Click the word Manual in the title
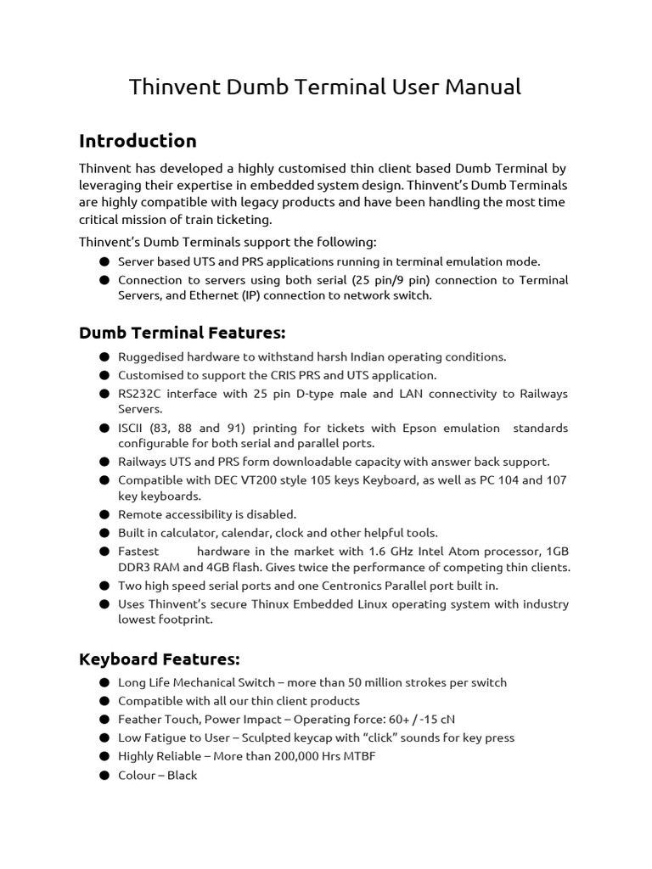pyautogui.click(x=485, y=87)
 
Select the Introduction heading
pyautogui.click(x=138, y=141)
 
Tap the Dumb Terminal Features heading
pyautogui.click(x=182, y=332)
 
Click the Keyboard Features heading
pyautogui.click(x=160, y=659)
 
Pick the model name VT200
pyautogui.click(x=240, y=480)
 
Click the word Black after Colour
pyautogui.click(x=182, y=775)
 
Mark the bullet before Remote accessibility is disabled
pyautogui.click(x=104, y=514)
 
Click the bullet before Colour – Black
pyautogui.click(x=104, y=775)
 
